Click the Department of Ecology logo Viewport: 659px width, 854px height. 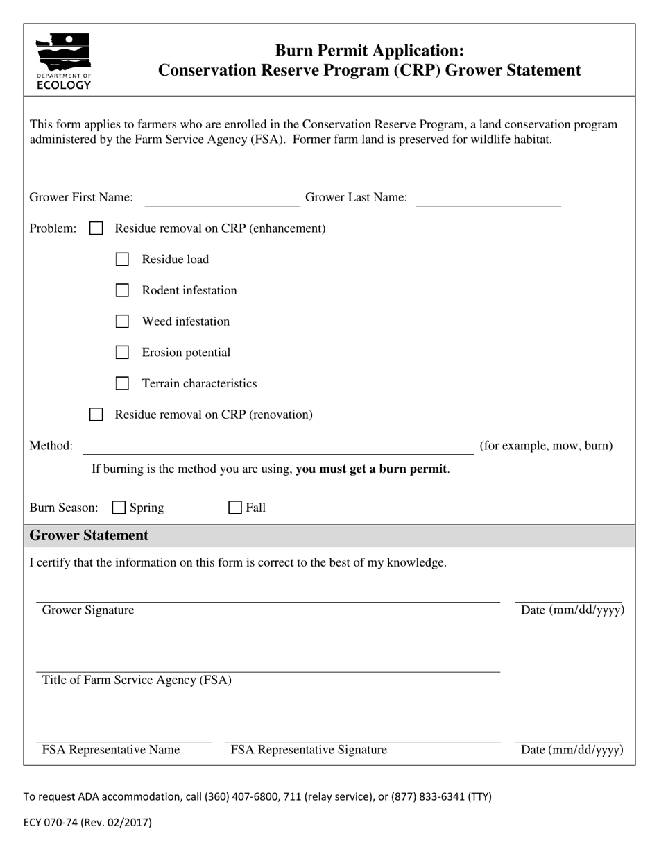63,61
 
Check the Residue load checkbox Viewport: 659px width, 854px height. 122,259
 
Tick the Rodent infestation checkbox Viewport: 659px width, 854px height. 122,290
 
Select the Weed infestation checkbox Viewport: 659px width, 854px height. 122,321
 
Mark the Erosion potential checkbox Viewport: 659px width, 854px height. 122,353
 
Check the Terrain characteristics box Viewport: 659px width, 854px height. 122,383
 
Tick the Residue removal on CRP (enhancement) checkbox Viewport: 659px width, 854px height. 96,228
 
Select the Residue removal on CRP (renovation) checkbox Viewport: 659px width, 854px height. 96,415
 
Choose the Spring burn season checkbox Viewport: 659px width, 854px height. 119,508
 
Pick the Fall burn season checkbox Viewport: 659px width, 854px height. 235,508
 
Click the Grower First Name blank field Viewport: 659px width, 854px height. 221,199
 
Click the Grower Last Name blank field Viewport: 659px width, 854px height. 488,199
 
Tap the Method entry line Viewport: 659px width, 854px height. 277,446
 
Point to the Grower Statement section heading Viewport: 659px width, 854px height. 89,535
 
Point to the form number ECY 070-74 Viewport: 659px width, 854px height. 87,823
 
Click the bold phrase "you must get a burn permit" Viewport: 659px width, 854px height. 371,469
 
